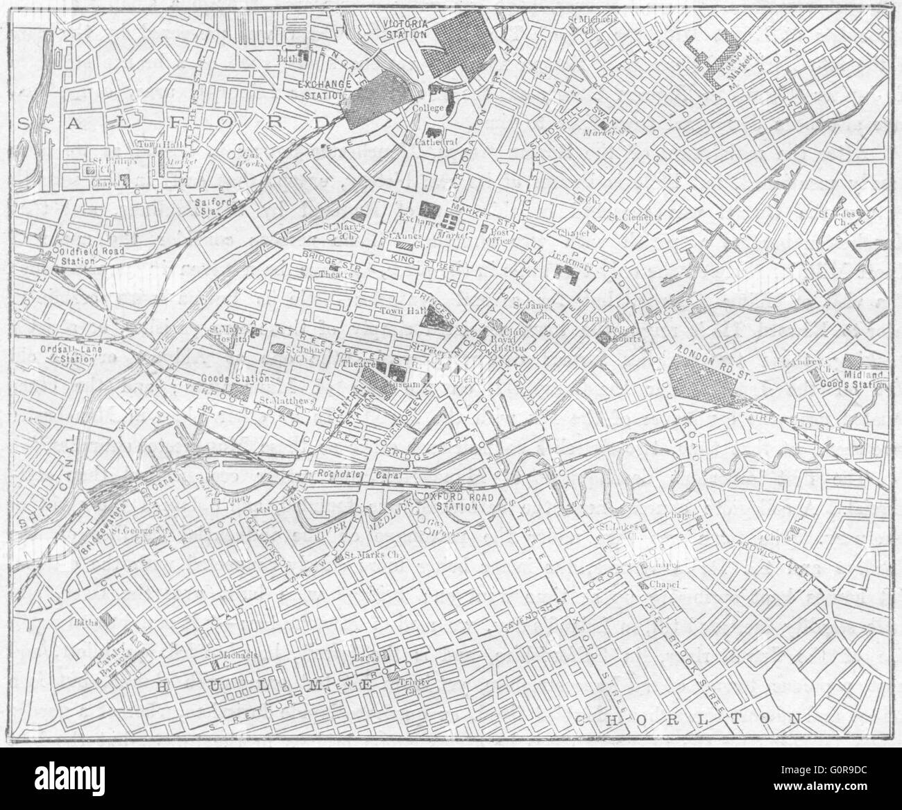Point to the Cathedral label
coord(446,142)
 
